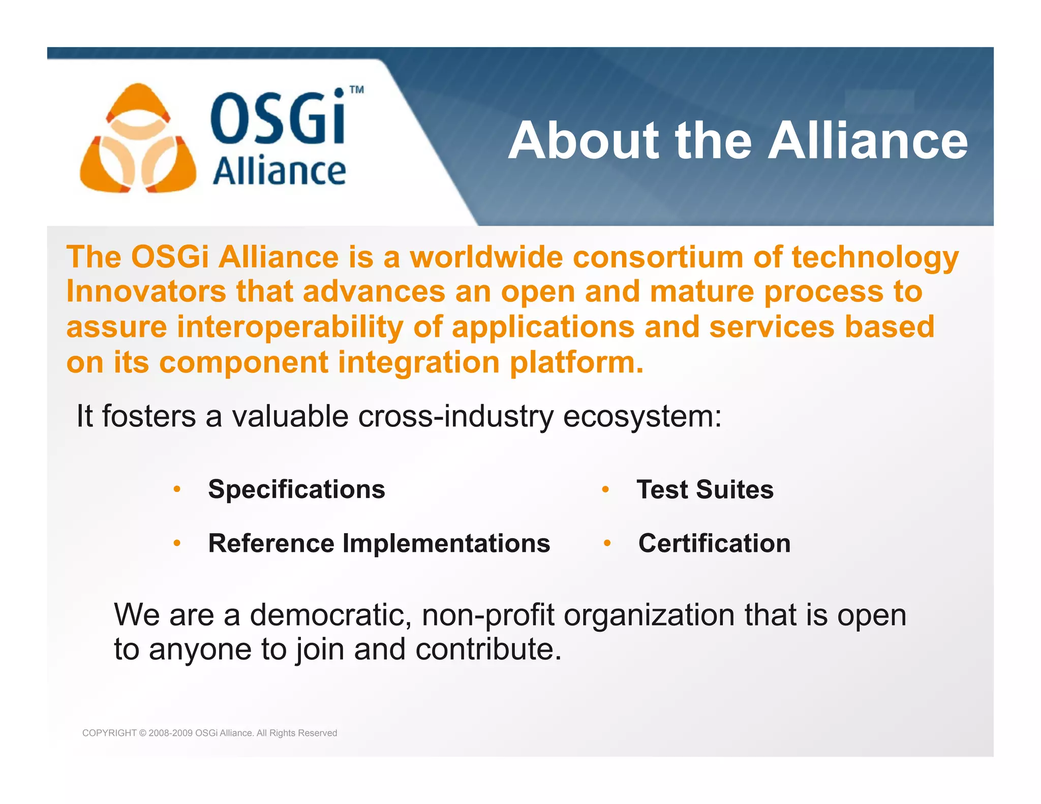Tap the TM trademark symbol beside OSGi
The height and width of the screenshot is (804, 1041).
[357, 90]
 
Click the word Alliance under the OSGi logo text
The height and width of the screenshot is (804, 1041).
[279, 171]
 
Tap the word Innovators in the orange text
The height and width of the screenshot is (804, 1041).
[146, 292]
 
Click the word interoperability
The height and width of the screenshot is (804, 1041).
[290, 327]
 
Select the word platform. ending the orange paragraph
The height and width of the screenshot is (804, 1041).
[576, 362]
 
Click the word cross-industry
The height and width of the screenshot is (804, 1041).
[455, 417]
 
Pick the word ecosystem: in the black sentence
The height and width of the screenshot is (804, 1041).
[642, 417]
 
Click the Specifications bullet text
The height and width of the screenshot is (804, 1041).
[296, 489]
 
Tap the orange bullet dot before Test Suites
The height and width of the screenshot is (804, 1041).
[605, 489]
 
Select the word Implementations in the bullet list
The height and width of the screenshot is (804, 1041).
[446, 543]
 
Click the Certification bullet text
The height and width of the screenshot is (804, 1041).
[714, 543]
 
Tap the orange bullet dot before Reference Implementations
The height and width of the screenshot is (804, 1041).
[177, 543]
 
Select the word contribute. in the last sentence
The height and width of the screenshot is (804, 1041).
[488, 650]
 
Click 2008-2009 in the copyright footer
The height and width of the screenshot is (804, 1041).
[170, 733]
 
